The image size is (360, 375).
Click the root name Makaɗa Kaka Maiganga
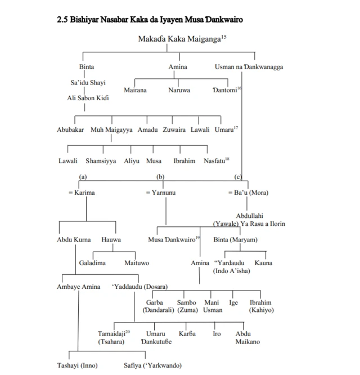(x=179, y=39)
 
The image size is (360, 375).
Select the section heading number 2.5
(x=62, y=20)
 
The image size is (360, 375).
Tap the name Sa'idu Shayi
(x=88, y=83)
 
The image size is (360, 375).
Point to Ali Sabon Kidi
(x=88, y=98)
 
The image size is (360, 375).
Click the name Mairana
(x=135, y=90)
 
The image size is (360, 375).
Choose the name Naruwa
(x=179, y=90)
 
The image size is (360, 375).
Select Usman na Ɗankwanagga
(x=249, y=67)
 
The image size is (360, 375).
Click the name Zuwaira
(x=174, y=130)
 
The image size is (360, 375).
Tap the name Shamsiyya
(x=101, y=161)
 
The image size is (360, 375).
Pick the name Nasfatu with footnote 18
(x=215, y=161)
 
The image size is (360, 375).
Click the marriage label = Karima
(x=82, y=193)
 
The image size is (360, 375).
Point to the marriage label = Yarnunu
(x=161, y=193)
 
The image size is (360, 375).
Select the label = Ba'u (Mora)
(x=248, y=193)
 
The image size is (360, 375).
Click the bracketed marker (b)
(x=160, y=177)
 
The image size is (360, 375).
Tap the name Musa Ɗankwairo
(x=173, y=240)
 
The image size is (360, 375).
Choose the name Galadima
(x=92, y=263)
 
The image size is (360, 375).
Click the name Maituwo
(x=137, y=263)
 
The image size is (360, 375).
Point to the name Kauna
(x=263, y=263)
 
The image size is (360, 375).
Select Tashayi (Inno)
(x=77, y=366)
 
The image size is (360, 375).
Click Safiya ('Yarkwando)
(x=152, y=366)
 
